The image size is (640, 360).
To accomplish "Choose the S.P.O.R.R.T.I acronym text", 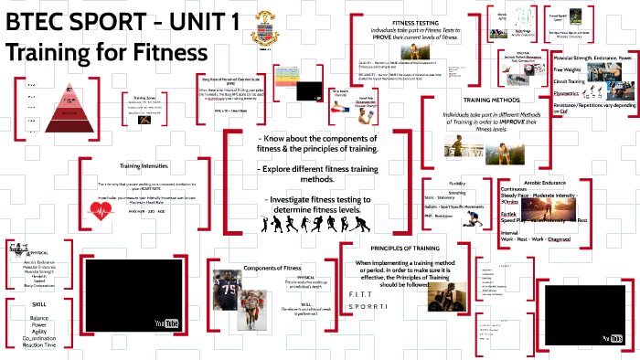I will pyautogui.click(x=370, y=309).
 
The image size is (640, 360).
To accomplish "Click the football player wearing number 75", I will pyautogui.click(x=227, y=294).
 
